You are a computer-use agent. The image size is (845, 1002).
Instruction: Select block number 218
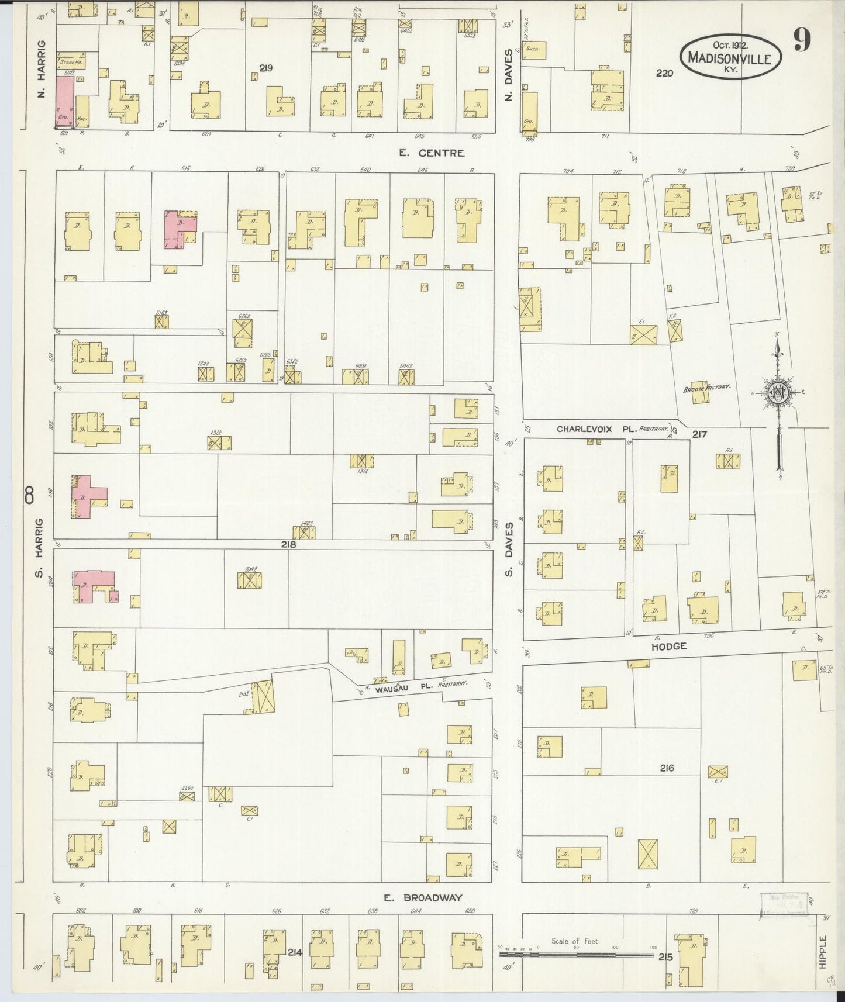pos(288,544)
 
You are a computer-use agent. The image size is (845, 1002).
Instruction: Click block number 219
pos(266,68)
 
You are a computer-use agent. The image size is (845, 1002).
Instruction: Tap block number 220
pos(664,73)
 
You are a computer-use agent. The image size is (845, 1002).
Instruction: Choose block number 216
pos(667,768)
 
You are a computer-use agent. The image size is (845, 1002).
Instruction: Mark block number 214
pos(294,953)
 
